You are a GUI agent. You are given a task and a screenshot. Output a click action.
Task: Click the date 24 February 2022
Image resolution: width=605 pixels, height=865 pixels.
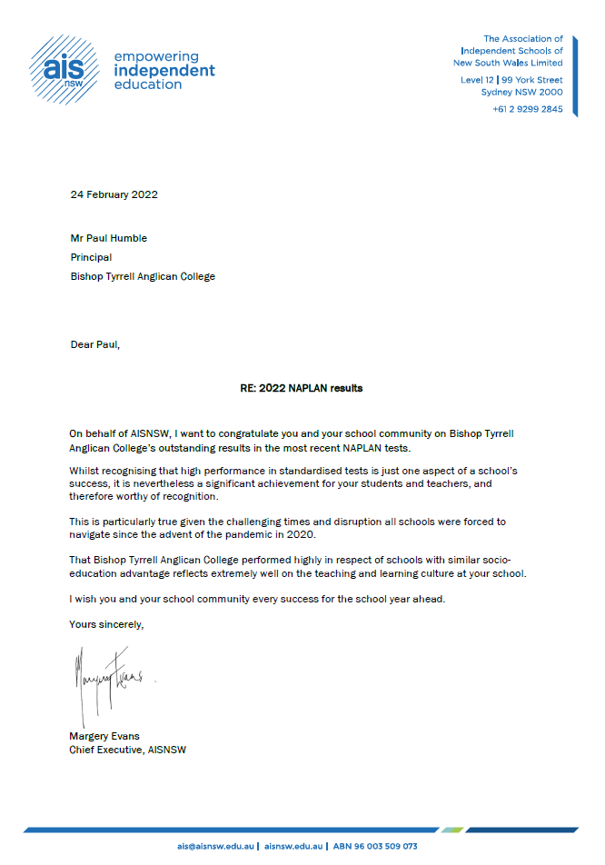coord(114,194)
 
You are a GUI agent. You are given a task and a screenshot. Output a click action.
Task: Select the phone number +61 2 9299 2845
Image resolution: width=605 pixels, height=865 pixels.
coord(528,109)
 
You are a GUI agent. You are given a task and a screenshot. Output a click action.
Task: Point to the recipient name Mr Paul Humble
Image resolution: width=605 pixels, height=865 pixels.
coord(108,238)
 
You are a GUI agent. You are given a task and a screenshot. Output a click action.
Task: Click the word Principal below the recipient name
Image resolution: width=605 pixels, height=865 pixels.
coord(92,257)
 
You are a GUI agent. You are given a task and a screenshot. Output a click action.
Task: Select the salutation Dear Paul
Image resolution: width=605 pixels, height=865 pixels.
coord(94,344)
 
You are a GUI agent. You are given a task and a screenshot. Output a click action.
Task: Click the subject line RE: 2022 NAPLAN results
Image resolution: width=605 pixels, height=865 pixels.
coord(295,388)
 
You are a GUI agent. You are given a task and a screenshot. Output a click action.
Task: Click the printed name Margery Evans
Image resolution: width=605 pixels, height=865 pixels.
coord(105,735)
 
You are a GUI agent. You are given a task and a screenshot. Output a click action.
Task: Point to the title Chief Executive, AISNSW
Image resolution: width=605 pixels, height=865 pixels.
coord(128,750)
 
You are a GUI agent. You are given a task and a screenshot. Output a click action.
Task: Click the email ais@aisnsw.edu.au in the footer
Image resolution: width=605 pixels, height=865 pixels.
coord(216,846)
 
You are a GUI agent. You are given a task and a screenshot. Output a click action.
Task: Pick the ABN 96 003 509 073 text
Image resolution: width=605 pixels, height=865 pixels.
coord(374,846)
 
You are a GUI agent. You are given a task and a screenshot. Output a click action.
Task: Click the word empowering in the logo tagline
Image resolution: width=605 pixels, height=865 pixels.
coord(155,56)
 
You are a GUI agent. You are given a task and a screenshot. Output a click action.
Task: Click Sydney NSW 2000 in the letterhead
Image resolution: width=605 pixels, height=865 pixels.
coord(521,92)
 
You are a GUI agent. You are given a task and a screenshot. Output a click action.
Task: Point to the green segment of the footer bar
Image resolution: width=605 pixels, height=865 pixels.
coord(452,830)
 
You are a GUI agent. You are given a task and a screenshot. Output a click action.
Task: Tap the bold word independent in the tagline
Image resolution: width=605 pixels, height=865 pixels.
coord(164,71)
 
